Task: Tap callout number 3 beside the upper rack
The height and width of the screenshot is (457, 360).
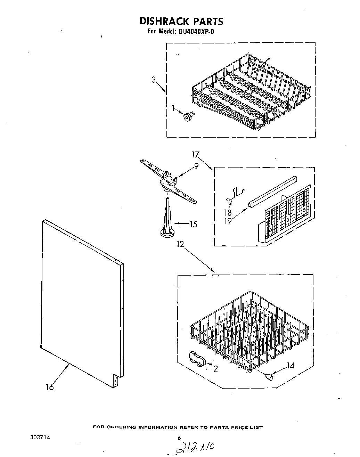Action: (x=153, y=80)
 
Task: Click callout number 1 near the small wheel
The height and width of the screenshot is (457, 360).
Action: (x=173, y=109)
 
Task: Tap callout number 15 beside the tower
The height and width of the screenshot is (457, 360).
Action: (x=193, y=225)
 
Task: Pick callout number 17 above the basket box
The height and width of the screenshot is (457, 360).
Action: (x=196, y=154)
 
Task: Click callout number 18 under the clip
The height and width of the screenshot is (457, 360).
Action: (x=228, y=213)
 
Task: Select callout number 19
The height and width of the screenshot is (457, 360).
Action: (x=228, y=220)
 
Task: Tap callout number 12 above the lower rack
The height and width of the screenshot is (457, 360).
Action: (x=180, y=244)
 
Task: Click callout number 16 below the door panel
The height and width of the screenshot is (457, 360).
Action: (x=50, y=387)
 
